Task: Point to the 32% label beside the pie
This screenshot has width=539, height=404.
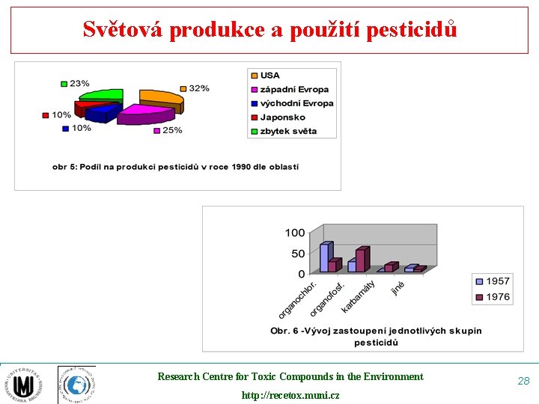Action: [198, 88]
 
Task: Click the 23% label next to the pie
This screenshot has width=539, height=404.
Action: [79, 83]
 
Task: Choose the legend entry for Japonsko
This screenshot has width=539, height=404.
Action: [283, 117]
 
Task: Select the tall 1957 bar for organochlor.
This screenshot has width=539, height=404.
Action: [325, 257]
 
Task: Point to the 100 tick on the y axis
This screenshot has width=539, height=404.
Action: [295, 233]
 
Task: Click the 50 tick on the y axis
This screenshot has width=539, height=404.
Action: [298, 254]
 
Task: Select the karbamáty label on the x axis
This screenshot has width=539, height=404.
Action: [359, 297]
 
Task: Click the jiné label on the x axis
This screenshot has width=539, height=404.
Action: [398, 287]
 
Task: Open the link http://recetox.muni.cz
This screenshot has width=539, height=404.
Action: [290, 394]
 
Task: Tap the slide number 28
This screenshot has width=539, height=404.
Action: [523, 381]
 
